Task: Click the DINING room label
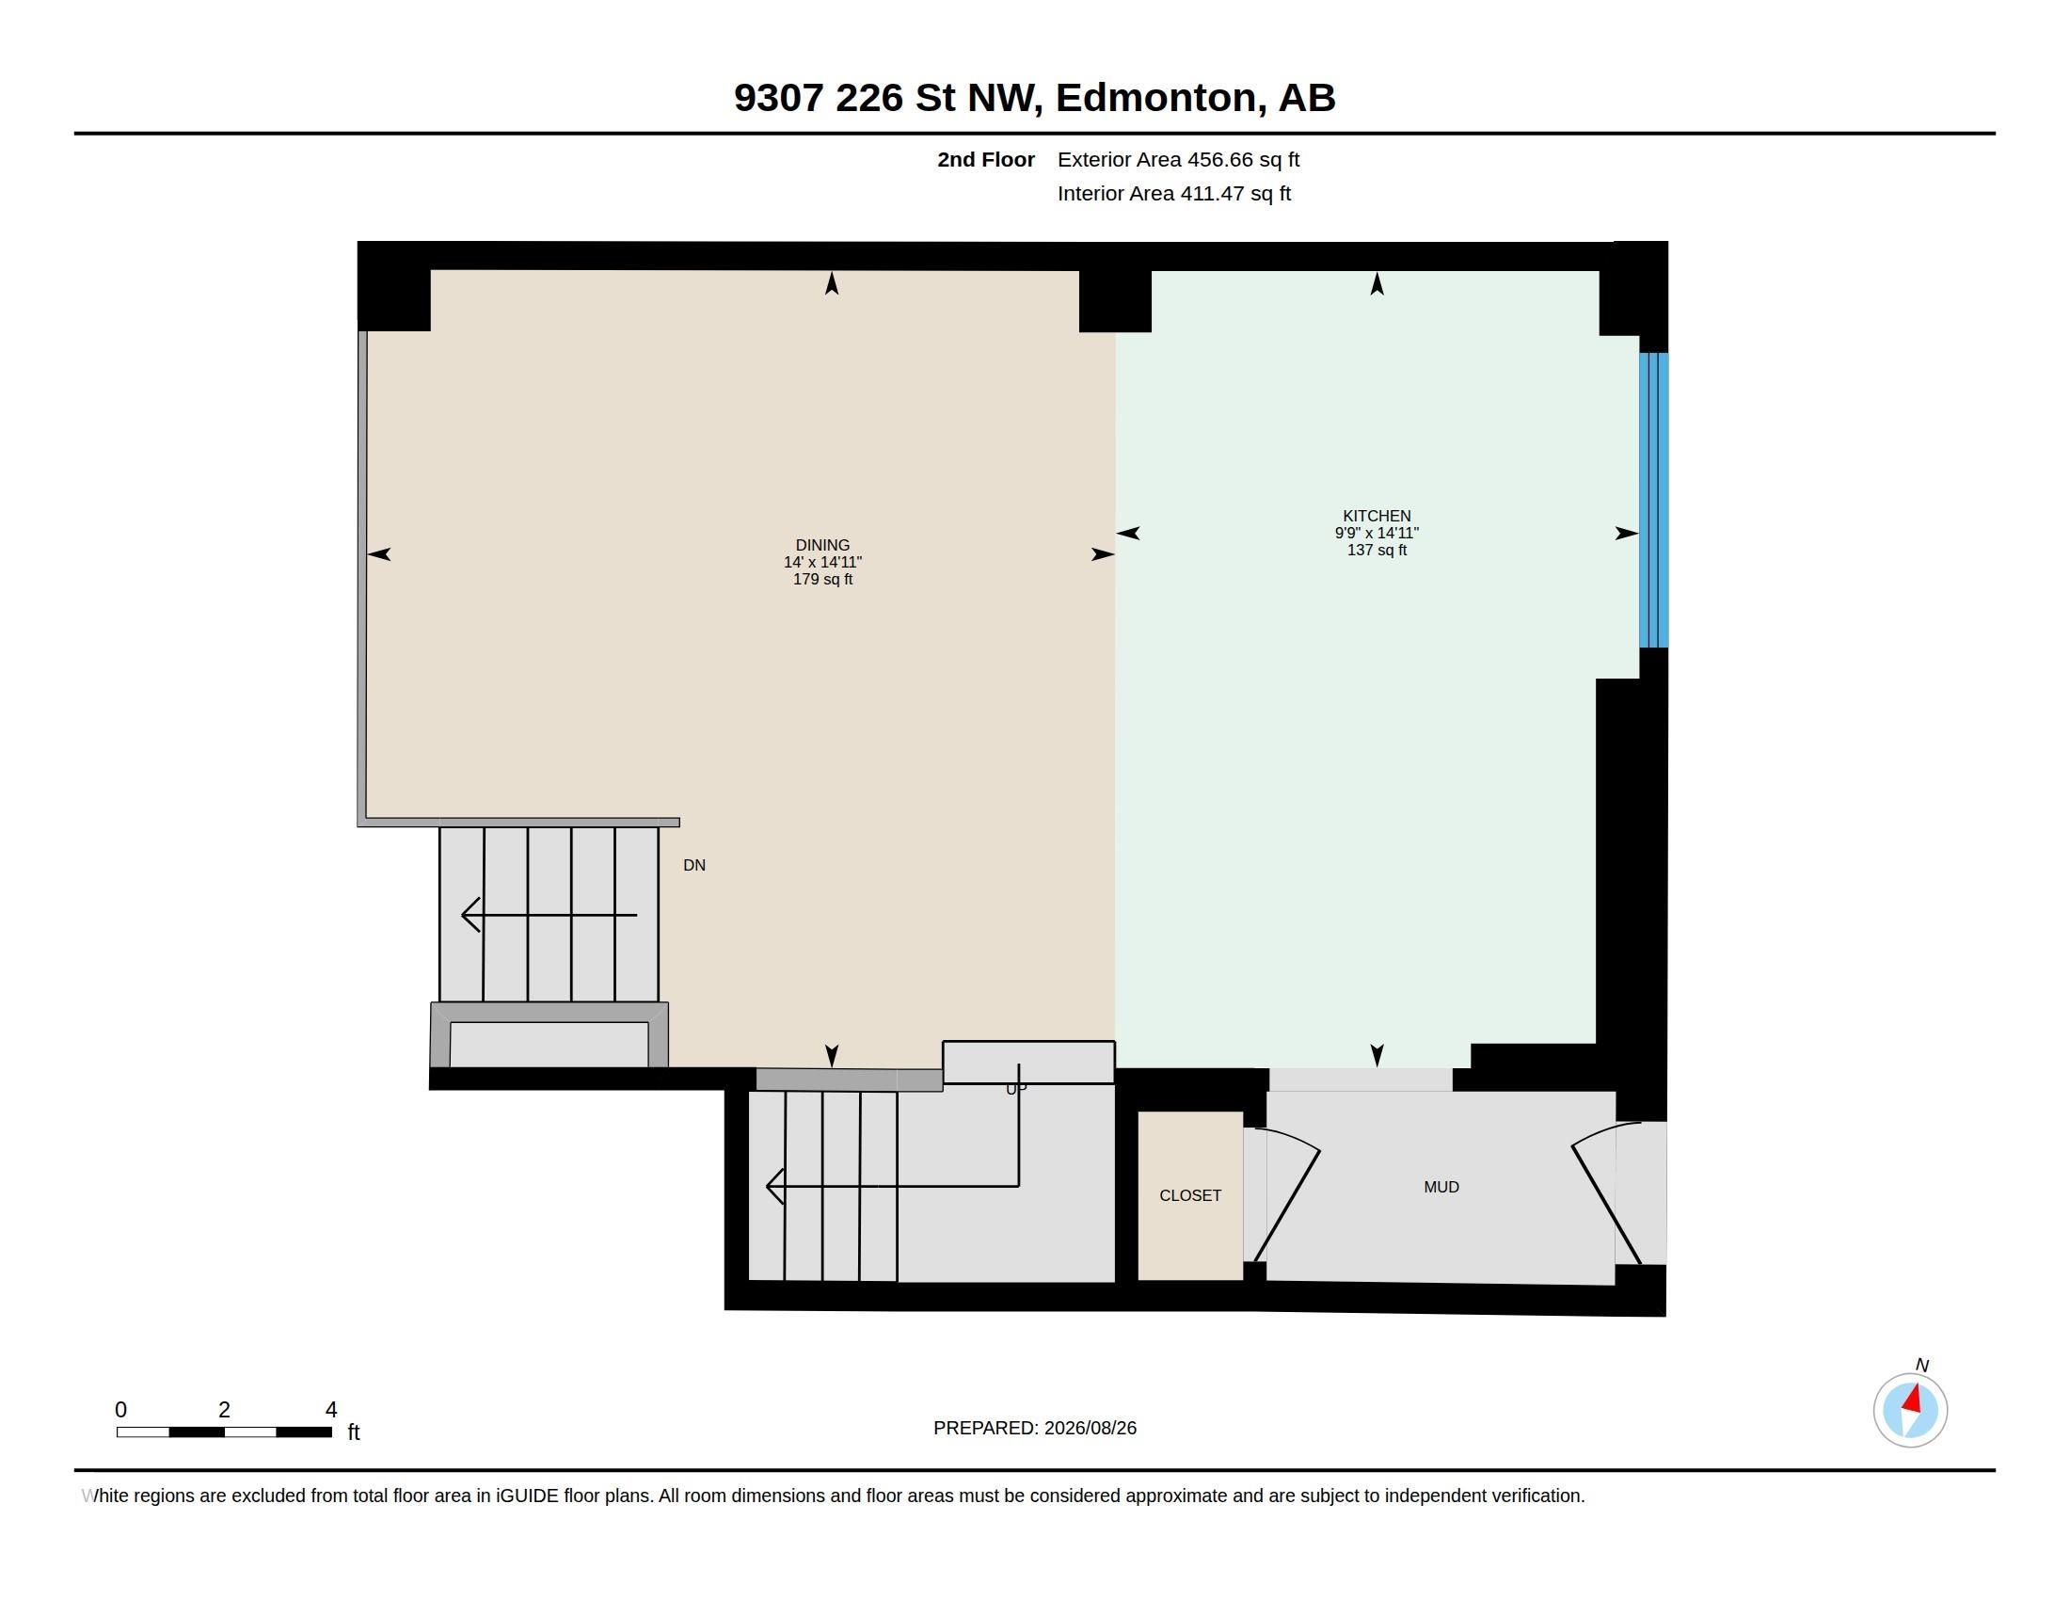[x=821, y=545]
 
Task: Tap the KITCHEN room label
[x=1377, y=516]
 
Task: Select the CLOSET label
[x=1189, y=1195]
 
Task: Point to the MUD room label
[x=1441, y=1187]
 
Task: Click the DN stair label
[x=693, y=864]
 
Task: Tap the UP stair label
[x=1015, y=1089]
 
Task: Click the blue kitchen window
[x=1653, y=500]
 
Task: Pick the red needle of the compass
[x=1913, y=1399]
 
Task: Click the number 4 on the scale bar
[x=331, y=1410]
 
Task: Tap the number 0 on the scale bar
[x=120, y=1410]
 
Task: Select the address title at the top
[x=1034, y=98]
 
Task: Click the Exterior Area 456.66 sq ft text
[x=1178, y=159]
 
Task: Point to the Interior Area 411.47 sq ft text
[x=1173, y=193]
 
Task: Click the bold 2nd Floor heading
[x=986, y=159]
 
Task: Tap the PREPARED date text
[x=1034, y=1428]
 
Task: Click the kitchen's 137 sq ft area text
[x=1377, y=550]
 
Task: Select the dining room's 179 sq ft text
[x=821, y=579]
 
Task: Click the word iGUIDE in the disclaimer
[x=527, y=1496]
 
